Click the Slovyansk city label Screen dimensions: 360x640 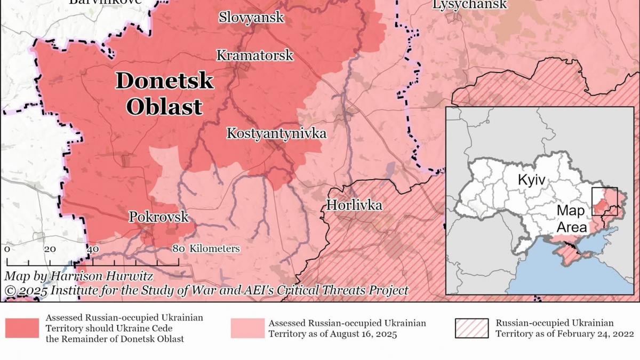[x=251, y=18]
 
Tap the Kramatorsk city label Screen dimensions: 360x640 [x=254, y=55]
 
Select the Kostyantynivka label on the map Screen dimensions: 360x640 [x=276, y=133]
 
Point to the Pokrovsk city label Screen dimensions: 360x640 [x=159, y=217]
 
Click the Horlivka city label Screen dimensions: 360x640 [x=354, y=205]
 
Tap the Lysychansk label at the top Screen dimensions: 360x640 [x=469, y=5]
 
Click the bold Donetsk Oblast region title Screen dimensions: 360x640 [x=164, y=94]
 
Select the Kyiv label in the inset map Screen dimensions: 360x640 [x=532, y=180]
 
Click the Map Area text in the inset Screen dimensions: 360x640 [x=571, y=219]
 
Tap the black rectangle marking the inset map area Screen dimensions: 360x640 [x=604, y=201]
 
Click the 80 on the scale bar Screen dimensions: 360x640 [x=179, y=249]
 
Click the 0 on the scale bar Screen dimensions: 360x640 [x=6, y=249]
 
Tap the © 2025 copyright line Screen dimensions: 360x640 [x=206, y=290]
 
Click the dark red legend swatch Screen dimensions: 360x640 [x=22, y=328]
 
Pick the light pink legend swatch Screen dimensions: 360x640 [x=247, y=328]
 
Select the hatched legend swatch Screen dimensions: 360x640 [x=471, y=328]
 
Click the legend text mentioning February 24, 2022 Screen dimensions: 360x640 [x=565, y=334]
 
